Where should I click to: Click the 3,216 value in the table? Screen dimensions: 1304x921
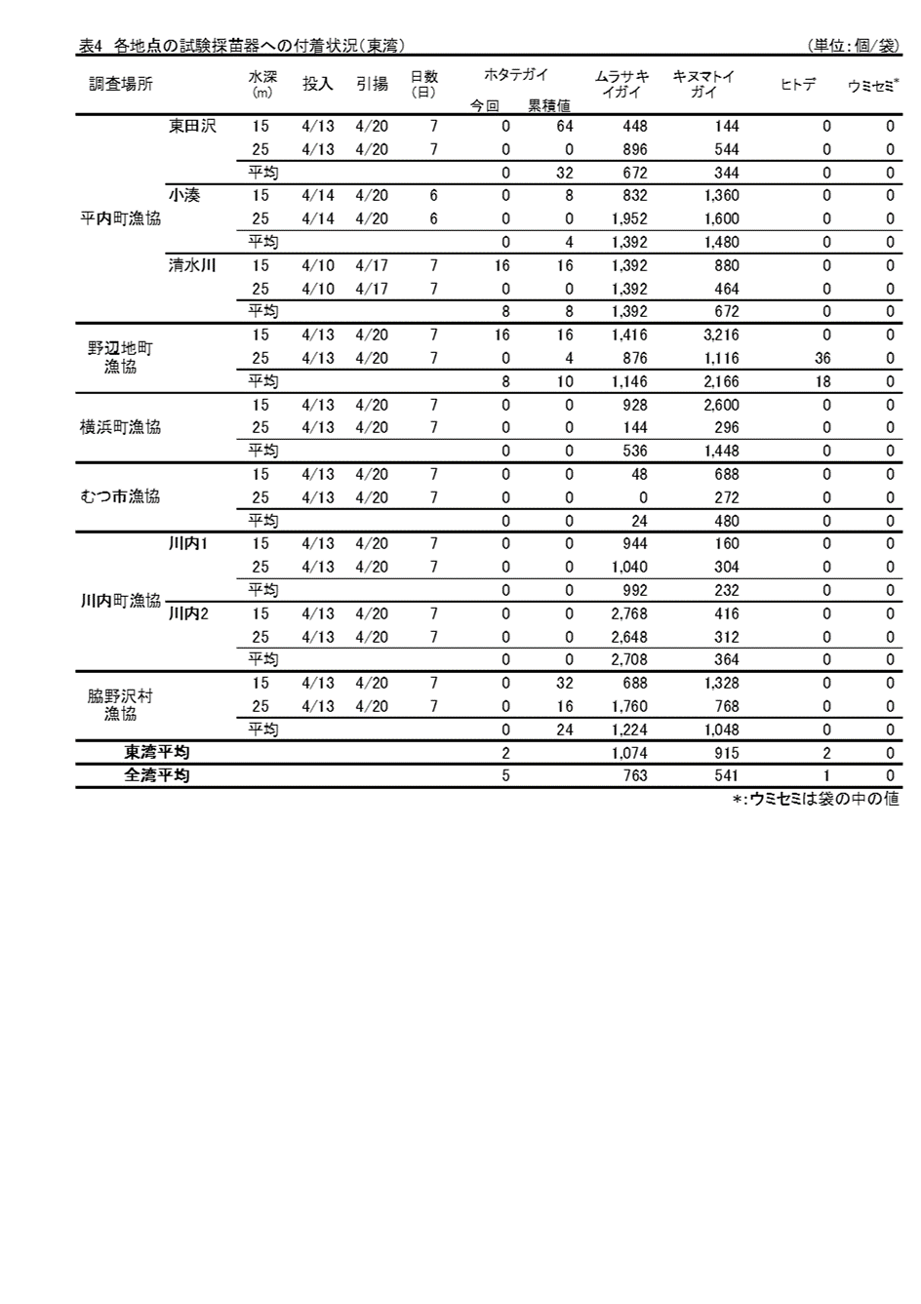[x=721, y=335]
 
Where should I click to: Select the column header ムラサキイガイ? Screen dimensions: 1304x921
[x=621, y=85]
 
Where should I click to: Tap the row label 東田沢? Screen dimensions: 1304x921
[x=192, y=126]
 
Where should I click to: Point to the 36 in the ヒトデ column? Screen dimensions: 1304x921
[x=821, y=358]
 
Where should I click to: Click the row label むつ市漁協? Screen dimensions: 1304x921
[x=120, y=496]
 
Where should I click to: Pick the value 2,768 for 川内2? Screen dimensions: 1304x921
[x=628, y=613]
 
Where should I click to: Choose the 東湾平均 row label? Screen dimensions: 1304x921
[x=156, y=752]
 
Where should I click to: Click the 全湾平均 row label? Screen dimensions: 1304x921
[x=156, y=775]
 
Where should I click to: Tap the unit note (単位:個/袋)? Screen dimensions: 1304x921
[x=853, y=46]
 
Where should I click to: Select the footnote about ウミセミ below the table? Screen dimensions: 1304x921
[x=816, y=799]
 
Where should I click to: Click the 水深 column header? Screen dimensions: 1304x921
[x=262, y=85]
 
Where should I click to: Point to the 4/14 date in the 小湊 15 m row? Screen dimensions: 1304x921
[x=318, y=195]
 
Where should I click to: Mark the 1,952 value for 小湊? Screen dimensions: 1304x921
[x=628, y=218]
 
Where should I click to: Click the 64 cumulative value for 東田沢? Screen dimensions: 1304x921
[x=564, y=126]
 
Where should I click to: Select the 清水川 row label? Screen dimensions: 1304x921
[x=192, y=264]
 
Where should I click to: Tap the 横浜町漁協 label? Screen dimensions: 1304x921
[x=120, y=427]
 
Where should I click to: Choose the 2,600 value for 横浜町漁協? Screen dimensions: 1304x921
[x=721, y=405]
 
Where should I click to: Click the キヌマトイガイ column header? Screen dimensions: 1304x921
[x=703, y=85]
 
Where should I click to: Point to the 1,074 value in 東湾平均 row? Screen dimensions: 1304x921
[x=628, y=753]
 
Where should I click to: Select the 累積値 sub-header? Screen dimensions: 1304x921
[x=549, y=106]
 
